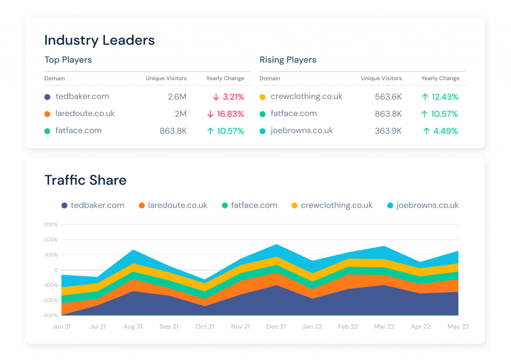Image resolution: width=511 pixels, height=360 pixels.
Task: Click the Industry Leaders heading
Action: (x=99, y=40)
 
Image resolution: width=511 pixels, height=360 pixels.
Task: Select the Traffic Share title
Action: (x=85, y=180)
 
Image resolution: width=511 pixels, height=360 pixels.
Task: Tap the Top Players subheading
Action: (x=68, y=60)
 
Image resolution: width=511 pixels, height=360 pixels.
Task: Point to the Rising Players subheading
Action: (x=287, y=60)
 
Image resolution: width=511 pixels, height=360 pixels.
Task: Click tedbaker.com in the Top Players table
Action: (x=82, y=96)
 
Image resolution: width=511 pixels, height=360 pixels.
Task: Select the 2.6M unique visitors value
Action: (x=177, y=97)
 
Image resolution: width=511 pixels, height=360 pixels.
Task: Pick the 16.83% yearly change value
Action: (x=231, y=114)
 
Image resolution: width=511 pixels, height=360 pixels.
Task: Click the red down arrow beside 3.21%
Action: (x=215, y=97)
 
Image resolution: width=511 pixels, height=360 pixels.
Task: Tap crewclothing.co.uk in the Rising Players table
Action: (x=306, y=96)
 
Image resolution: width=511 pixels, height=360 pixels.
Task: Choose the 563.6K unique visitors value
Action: (x=388, y=97)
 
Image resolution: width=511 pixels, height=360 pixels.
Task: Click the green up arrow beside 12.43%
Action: (x=424, y=97)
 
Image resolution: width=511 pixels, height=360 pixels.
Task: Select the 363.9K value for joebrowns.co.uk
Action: (x=388, y=131)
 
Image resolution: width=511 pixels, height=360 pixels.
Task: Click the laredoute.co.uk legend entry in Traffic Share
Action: (x=177, y=205)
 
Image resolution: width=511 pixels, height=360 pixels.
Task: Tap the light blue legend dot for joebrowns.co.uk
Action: (x=391, y=205)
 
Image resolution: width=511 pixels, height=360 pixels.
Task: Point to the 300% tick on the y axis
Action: (x=51, y=224)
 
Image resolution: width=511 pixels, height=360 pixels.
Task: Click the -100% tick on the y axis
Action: (x=50, y=285)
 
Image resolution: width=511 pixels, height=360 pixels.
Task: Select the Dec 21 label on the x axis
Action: (x=276, y=327)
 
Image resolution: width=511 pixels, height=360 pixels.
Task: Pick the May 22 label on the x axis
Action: (x=457, y=327)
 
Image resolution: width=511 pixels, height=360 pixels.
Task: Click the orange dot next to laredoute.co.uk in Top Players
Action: (x=47, y=114)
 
